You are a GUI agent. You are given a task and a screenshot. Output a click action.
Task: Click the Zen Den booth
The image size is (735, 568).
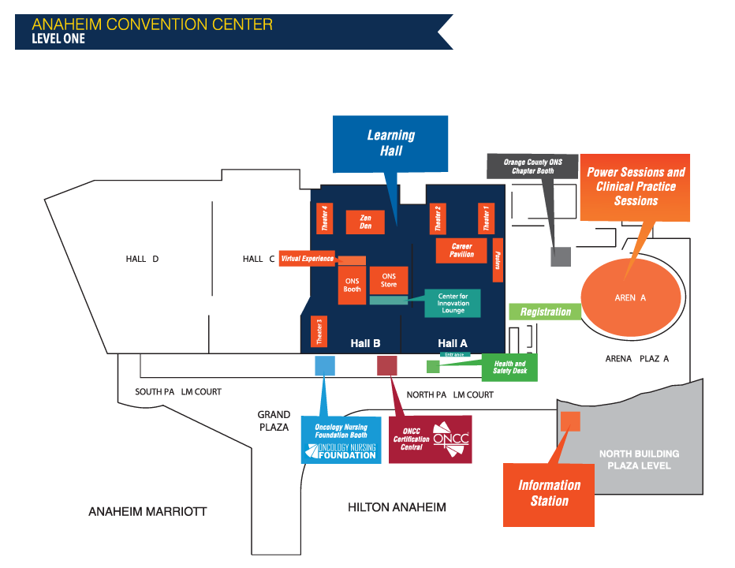click(365, 222)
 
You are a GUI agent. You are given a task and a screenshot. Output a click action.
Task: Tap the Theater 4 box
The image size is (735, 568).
click(324, 219)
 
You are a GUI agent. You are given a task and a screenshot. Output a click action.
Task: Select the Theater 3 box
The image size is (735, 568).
click(319, 331)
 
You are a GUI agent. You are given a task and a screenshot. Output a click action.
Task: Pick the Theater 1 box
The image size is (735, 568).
click(486, 219)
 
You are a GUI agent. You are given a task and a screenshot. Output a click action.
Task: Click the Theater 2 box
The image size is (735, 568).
click(438, 219)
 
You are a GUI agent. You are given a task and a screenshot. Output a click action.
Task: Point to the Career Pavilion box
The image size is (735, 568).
click(461, 250)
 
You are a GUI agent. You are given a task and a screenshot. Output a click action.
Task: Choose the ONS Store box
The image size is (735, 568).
click(389, 280)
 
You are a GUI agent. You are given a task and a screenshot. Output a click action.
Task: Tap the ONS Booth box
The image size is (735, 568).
click(353, 285)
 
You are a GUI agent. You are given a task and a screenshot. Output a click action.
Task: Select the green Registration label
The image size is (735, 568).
click(545, 312)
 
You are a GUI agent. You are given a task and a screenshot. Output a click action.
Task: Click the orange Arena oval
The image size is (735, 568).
click(630, 297)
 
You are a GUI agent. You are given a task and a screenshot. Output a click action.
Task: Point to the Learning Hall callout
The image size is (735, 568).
click(390, 143)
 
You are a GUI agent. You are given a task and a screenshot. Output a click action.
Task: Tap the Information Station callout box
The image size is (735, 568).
click(549, 494)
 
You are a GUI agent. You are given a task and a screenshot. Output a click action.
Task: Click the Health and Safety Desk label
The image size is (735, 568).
click(509, 366)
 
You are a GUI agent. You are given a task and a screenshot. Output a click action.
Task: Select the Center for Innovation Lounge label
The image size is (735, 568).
click(453, 303)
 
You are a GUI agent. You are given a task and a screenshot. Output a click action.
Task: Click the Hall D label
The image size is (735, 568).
click(142, 259)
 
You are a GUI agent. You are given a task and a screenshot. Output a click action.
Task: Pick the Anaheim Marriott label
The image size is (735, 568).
click(147, 512)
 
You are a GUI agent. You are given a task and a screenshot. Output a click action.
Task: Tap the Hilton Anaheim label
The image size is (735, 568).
click(397, 507)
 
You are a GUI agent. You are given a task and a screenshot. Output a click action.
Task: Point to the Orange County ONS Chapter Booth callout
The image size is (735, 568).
click(528, 166)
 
